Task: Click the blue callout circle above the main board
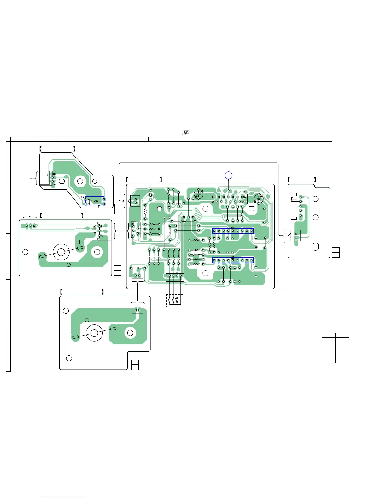click(229, 175)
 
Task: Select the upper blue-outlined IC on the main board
click(233, 231)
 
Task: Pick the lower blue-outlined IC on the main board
click(233, 260)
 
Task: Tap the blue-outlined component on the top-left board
click(95, 201)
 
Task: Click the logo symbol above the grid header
click(186, 133)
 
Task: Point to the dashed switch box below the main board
click(175, 301)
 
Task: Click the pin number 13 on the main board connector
click(244, 197)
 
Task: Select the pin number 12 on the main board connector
click(242, 202)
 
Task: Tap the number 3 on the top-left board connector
click(47, 175)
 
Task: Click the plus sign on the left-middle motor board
click(79, 242)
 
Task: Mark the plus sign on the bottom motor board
click(76, 343)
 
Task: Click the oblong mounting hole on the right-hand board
click(315, 247)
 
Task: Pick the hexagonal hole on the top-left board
click(62, 182)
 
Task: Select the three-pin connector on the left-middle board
click(30, 226)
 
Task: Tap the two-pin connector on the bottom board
click(137, 310)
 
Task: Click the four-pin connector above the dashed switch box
click(175, 277)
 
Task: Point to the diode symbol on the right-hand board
click(292, 199)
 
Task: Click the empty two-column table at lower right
click(335, 348)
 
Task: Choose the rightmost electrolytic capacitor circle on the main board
click(259, 199)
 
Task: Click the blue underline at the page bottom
click(62, 497)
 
